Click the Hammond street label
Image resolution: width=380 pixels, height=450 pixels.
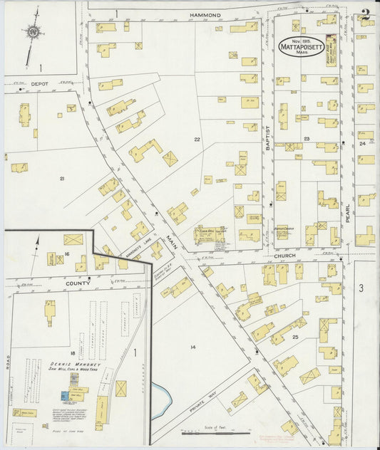pos(205,14)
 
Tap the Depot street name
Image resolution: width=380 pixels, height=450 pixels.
pos(40,84)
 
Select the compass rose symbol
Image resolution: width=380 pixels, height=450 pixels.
pos(33,32)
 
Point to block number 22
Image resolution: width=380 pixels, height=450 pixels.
pos(197,140)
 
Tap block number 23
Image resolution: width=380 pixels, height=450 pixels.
pos(307,138)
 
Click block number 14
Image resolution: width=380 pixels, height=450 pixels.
pos(192,347)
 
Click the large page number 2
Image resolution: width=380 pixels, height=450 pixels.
pos(364,14)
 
